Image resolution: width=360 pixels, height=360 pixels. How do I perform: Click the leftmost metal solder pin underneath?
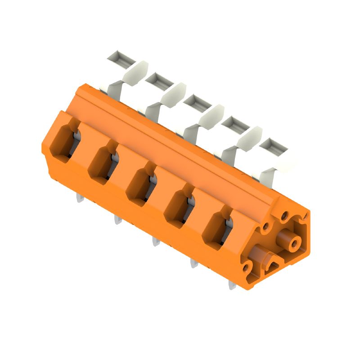[x=80, y=198]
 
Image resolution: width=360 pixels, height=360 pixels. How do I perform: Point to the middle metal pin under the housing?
[x=156, y=242]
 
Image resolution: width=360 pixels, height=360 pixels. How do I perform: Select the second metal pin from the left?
[x=118, y=220]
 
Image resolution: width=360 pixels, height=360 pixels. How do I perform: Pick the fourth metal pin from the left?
[x=193, y=263]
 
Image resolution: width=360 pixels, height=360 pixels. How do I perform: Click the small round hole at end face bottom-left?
[x=246, y=268]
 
